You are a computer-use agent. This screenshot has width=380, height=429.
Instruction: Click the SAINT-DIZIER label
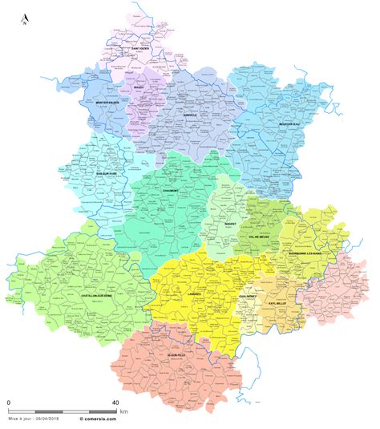coord(141,50)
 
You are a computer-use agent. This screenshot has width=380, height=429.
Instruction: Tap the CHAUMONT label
coord(170,191)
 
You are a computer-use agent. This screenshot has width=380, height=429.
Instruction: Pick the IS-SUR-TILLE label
coord(177,354)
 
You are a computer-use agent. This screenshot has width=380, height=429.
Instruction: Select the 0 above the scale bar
coord(10,402)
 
